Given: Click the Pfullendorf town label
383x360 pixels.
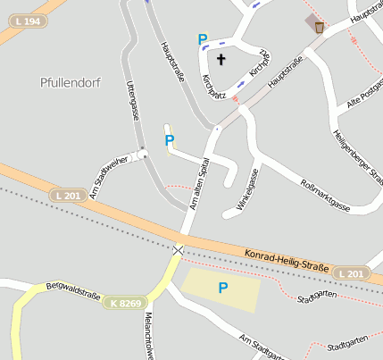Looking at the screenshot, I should tap(71, 82).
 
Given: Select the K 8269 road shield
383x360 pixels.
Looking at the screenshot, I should tap(127, 304).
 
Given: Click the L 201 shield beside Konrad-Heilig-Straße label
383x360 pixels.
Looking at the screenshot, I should tap(353, 272).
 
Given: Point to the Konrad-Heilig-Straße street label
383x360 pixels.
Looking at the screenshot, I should tap(286, 260).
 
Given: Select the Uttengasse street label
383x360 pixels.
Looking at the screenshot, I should tap(134, 100).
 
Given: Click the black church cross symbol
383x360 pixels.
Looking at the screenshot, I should tap(221, 60).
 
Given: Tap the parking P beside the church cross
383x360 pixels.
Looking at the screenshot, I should tap(203, 39).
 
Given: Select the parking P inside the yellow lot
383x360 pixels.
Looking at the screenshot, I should tap(223, 287).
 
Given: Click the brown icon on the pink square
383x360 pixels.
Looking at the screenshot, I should tap(319, 27).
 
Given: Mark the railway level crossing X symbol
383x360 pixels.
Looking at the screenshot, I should tap(179, 249).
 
